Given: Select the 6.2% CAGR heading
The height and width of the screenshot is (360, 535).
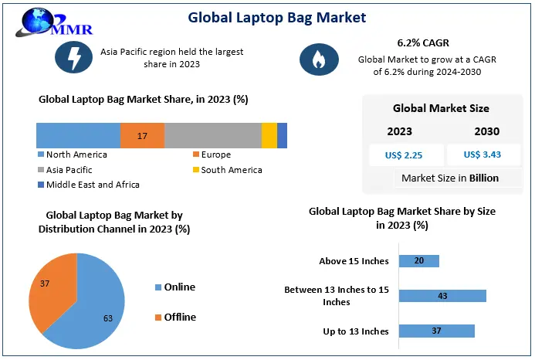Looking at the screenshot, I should tap(417, 43).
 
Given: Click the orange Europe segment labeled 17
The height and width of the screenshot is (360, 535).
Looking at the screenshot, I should tap(142, 135).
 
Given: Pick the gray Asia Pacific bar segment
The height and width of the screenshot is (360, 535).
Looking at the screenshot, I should tap(213, 135).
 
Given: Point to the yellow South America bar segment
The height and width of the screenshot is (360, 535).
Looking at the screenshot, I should tap(269, 135).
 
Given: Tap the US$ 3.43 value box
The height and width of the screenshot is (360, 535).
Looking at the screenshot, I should tap(483, 155).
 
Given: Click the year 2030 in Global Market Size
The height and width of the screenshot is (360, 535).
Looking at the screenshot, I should tap(486, 131).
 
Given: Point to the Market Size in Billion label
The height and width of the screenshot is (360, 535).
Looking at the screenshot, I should tap(449, 178).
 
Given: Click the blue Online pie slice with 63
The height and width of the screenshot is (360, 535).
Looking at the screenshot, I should tap(93, 309).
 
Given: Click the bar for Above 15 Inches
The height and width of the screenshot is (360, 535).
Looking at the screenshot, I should tap(418, 261).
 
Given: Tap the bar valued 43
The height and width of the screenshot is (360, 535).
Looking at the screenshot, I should tap(442, 296).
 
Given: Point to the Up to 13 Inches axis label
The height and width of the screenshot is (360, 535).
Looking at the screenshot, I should tap(355, 331).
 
